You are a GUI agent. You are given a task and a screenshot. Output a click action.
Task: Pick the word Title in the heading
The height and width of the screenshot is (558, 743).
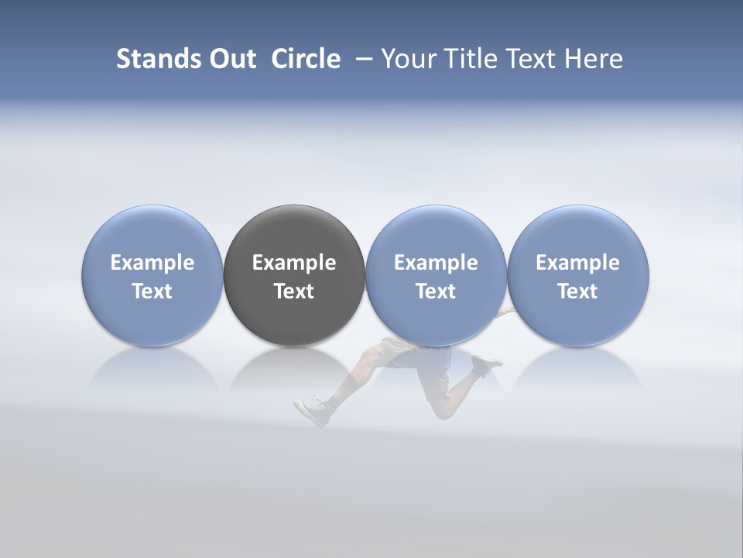coord(467,59)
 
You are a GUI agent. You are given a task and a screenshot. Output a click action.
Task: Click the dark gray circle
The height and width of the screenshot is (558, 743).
coord(294,240)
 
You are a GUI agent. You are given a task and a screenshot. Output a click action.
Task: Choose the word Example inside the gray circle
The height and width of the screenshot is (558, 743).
coord(294,263)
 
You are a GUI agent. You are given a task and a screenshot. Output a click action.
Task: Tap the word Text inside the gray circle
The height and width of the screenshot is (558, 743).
coord(294,291)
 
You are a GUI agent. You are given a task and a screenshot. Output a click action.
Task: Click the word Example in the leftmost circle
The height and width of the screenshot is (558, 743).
coord(152,263)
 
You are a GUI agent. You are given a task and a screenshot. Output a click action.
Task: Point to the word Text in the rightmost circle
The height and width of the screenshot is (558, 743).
coord(578,291)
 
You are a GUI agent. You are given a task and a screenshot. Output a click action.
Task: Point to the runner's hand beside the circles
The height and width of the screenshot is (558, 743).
coord(507,312)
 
